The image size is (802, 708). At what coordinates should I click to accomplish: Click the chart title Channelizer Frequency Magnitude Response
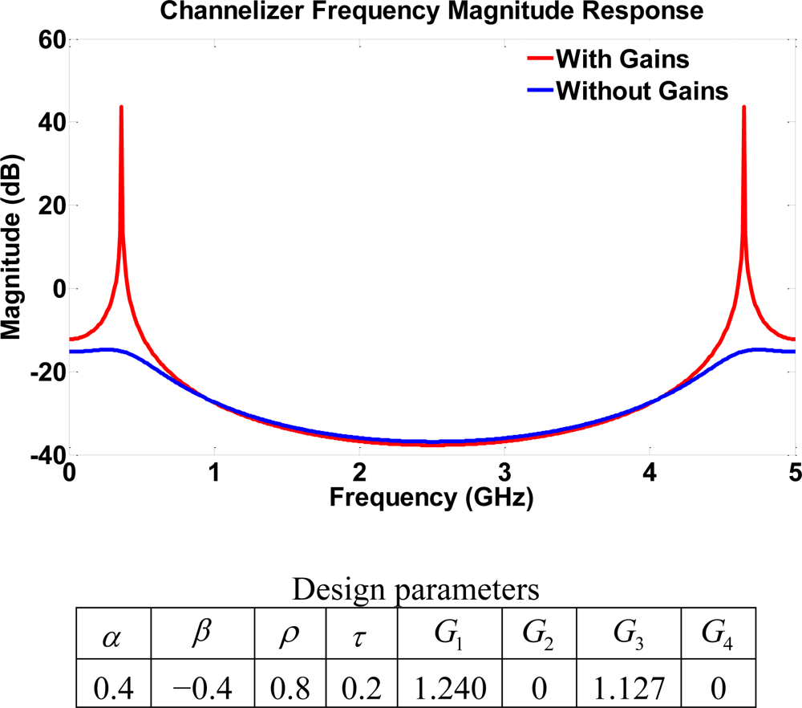point(431,11)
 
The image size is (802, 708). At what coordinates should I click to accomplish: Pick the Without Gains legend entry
point(641,91)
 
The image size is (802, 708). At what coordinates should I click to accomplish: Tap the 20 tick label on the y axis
point(50,205)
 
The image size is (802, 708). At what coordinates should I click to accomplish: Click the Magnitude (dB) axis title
point(14,246)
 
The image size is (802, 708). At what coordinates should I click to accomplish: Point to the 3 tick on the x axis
point(504,470)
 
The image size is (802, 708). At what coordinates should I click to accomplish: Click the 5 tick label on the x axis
point(794,470)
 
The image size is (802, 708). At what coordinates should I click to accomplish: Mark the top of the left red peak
point(121,107)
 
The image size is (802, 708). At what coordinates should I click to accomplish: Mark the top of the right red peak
point(744,107)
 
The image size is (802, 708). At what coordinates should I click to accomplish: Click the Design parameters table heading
point(415,590)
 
